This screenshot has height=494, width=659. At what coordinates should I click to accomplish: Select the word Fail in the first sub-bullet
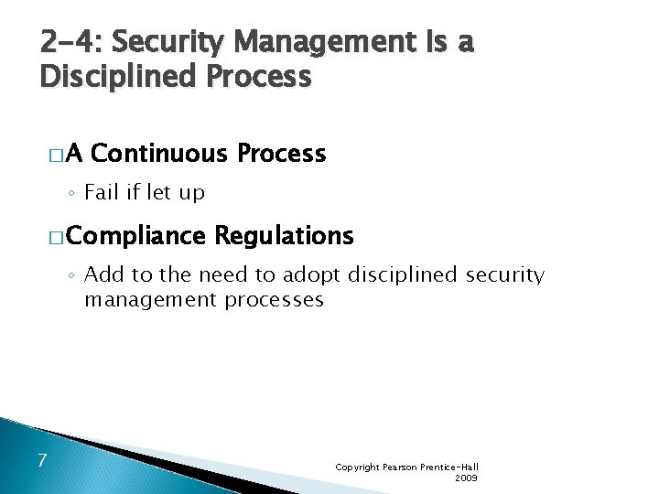[101, 193]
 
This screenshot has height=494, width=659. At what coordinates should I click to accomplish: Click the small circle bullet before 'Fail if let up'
[72, 194]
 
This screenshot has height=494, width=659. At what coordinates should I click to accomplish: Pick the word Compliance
[135, 236]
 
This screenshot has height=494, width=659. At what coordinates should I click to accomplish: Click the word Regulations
[284, 236]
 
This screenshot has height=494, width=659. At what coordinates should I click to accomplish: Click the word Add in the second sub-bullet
[103, 274]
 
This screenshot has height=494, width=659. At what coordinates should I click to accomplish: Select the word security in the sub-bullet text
[505, 274]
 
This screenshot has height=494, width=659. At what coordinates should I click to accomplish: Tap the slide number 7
[42, 458]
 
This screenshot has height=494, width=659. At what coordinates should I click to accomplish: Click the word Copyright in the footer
[358, 467]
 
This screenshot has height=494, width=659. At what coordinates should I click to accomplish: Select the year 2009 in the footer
[466, 478]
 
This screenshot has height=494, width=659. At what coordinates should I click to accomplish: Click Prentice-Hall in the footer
[449, 467]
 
